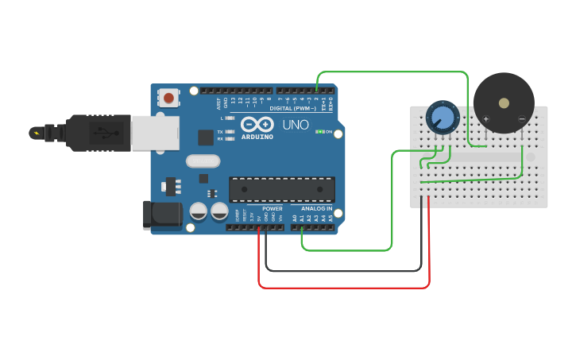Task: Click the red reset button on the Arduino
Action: (168, 98)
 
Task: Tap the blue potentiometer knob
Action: (443, 118)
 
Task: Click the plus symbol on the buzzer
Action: (485, 119)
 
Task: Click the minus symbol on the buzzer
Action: (521, 119)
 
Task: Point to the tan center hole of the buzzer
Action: (504, 103)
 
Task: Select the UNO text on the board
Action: (296, 125)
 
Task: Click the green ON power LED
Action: (319, 131)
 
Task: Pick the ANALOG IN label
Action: (317, 208)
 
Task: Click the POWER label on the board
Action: (272, 208)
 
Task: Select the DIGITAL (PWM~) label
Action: (292, 108)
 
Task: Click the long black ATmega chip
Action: (281, 190)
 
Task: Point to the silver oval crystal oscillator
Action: (203, 161)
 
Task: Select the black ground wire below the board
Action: (342, 271)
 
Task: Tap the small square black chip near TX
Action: (206, 137)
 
